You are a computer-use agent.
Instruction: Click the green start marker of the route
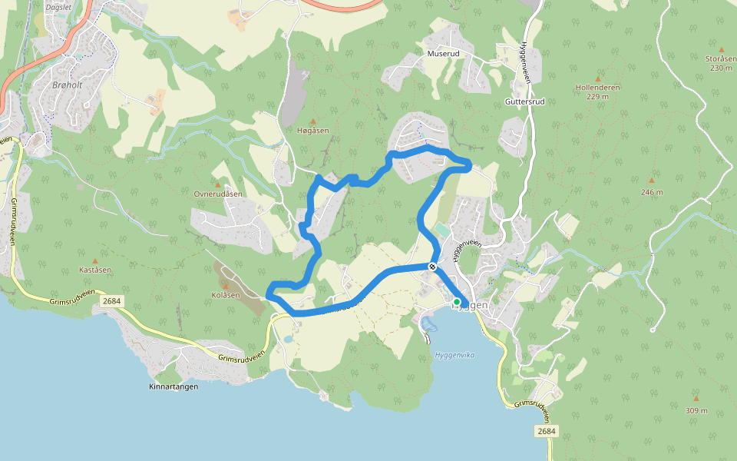457,302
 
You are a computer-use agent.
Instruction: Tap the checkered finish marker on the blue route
433,267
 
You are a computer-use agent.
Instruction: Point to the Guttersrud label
525,101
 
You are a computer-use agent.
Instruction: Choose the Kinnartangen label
174,386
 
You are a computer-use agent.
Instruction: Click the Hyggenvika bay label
454,354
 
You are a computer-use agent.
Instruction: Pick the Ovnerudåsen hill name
218,194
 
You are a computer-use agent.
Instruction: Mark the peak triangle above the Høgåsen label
312,121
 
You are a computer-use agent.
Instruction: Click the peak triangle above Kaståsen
95,261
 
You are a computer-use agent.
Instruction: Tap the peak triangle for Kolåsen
225,286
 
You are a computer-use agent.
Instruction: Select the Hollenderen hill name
597,88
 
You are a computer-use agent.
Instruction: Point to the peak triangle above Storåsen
721,49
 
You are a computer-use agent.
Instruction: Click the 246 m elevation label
654,192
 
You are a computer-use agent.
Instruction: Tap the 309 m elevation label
696,410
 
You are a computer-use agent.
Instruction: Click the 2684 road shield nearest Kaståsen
111,303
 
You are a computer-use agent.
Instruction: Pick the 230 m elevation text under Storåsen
721,68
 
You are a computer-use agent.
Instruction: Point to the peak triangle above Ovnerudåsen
218,184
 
